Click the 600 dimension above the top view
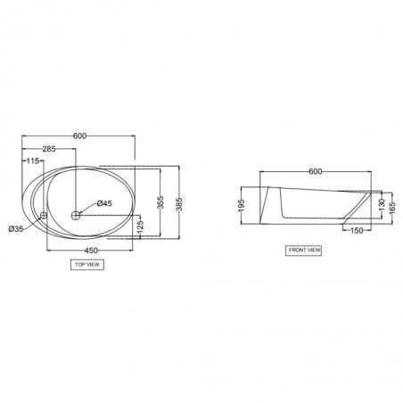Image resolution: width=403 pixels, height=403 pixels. click(79, 136)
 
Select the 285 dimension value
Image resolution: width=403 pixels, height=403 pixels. click(49, 149)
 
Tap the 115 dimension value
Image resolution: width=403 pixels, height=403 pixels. click(33, 161)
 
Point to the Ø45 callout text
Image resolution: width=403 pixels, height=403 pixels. click(104, 203)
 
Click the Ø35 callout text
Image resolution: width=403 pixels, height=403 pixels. click(16, 229)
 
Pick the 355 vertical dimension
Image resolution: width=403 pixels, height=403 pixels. click(160, 202)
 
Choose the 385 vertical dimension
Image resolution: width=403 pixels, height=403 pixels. click(179, 204)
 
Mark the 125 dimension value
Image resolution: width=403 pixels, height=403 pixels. click(140, 226)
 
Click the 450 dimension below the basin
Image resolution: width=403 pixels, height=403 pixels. click(91, 251)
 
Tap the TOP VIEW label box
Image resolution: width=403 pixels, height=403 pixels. click(87, 265)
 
